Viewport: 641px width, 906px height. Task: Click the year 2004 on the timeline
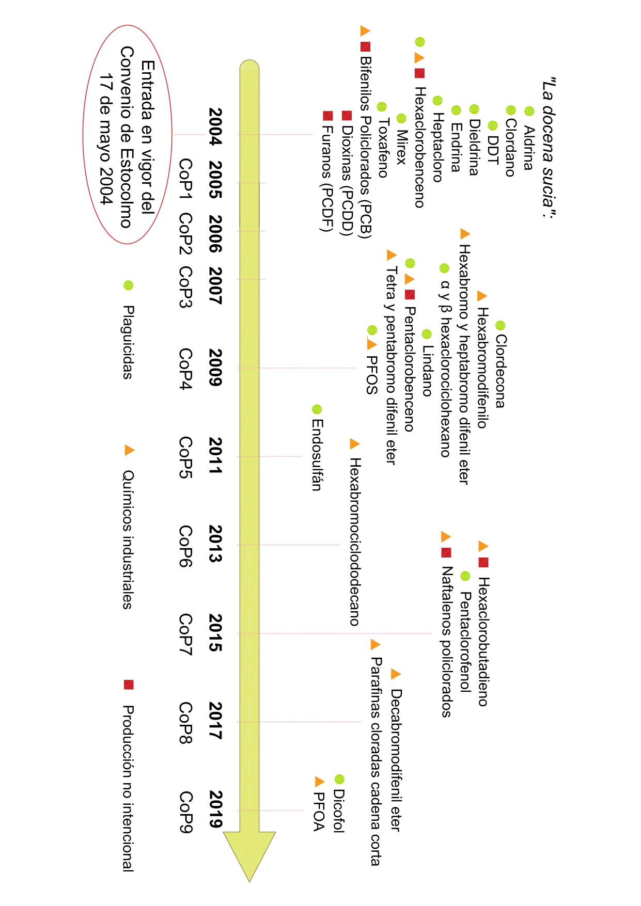coord(215,126)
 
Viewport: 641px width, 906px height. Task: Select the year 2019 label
coord(215,809)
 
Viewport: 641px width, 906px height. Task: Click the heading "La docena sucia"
coord(549,148)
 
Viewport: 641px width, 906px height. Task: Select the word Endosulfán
coord(317,454)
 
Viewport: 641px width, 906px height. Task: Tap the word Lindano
coord(427,370)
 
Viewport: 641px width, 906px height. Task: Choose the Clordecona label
coord(500,371)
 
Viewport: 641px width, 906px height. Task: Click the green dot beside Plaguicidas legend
coord(129,285)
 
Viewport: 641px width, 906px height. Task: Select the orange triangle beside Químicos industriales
coord(129,450)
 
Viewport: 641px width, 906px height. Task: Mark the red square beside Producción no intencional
coord(129,685)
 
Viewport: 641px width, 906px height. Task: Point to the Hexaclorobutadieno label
coord(483,641)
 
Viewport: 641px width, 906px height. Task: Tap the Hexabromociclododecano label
coord(354,542)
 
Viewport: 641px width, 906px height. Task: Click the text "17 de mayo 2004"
coord(106,139)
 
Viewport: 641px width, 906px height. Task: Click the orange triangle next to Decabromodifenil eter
coord(396,674)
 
